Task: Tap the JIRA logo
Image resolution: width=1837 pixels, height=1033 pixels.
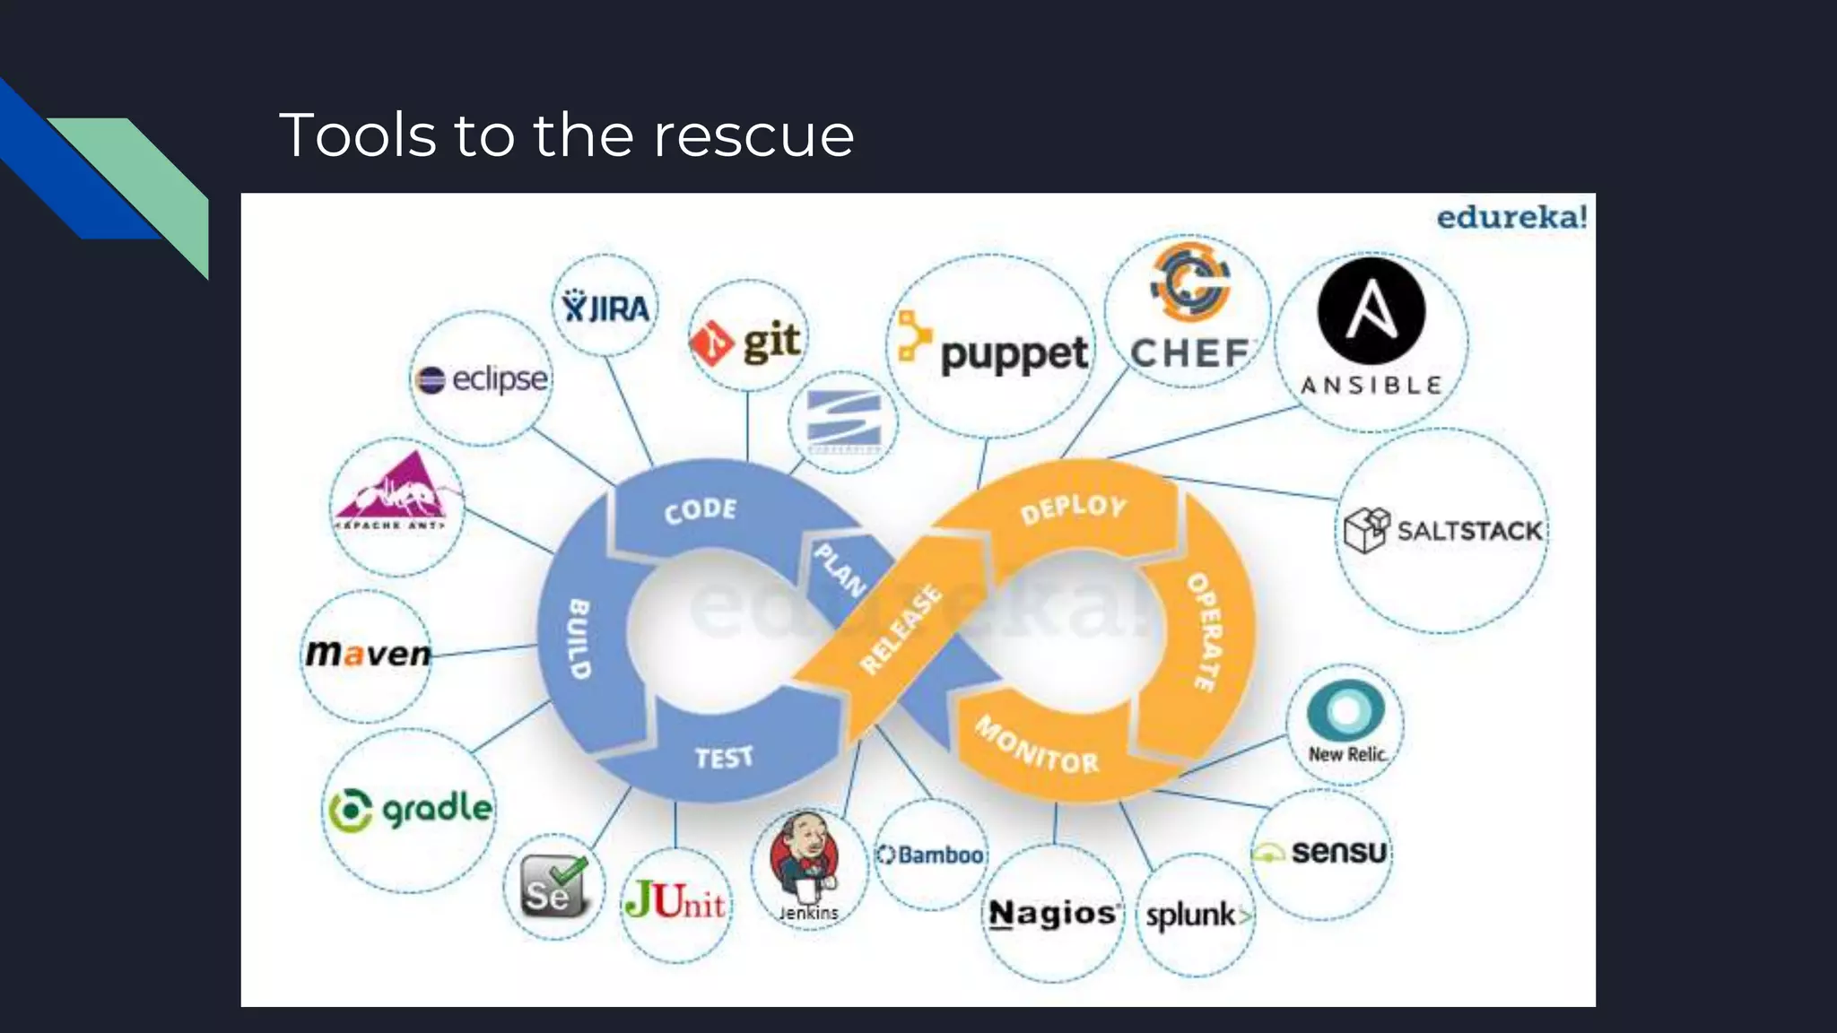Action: (605, 308)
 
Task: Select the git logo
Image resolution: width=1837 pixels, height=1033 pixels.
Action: (746, 342)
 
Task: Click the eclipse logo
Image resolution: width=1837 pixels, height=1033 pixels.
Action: (482, 379)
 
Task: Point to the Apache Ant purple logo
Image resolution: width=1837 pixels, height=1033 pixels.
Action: (396, 494)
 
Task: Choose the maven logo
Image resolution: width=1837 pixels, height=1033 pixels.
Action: (368, 653)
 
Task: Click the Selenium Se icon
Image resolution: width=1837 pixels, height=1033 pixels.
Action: (553, 886)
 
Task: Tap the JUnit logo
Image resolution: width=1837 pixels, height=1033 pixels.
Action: (675, 899)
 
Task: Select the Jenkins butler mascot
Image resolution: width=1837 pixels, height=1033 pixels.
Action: (805, 856)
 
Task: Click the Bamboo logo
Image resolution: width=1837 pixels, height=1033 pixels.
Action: (931, 855)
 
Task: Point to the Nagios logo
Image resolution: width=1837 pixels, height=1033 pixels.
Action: (1053, 914)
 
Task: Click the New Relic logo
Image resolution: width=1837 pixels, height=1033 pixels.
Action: (1345, 723)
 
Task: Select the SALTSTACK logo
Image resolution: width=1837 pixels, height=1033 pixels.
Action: (1442, 530)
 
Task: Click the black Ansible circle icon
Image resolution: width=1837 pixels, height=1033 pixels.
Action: (1371, 310)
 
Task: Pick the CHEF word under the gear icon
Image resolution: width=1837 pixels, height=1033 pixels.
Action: (1189, 353)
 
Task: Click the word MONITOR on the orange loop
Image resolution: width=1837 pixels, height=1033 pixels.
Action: (1037, 746)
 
